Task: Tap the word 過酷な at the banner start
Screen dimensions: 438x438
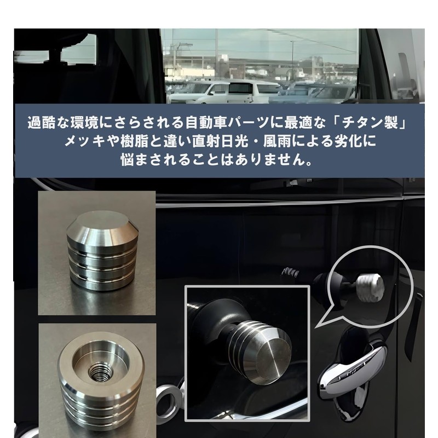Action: click(45, 121)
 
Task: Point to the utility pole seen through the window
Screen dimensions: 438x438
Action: click(216, 55)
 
